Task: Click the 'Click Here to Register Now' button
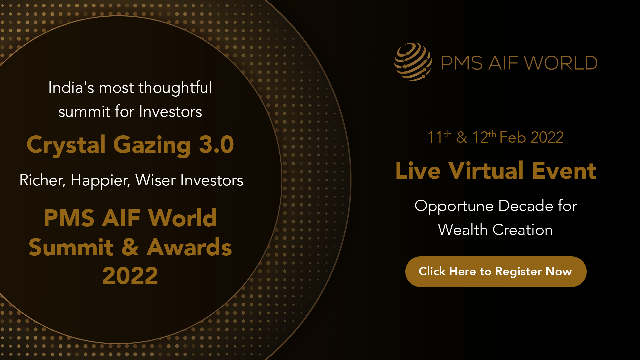click(496, 272)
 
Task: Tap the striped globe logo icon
click(413, 62)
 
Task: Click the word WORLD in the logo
click(561, 63)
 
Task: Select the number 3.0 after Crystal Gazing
click(216, 144)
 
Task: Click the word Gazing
click(152, 146)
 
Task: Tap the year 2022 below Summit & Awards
click(130, 276)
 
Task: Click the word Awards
click(189, 247)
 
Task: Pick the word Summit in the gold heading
click(71, 247)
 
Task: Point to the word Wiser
click(155, 180)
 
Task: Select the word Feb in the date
click(513, 137)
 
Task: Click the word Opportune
click(454, 206)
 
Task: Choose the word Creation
click(523, 230)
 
